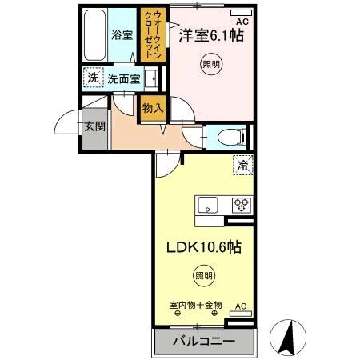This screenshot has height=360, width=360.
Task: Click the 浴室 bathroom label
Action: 121,36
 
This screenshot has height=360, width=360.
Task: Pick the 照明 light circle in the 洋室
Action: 210,64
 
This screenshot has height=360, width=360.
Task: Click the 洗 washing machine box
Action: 93,78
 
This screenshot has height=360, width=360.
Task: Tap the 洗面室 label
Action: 124,79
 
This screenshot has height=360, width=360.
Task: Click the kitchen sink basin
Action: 207,205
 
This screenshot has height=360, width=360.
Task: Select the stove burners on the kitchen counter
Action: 240,205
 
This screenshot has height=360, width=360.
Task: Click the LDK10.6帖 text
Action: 203,247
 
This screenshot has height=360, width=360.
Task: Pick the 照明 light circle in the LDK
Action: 203,276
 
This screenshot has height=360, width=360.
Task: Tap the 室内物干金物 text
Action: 194,306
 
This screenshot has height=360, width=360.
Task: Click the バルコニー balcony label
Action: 203,342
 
